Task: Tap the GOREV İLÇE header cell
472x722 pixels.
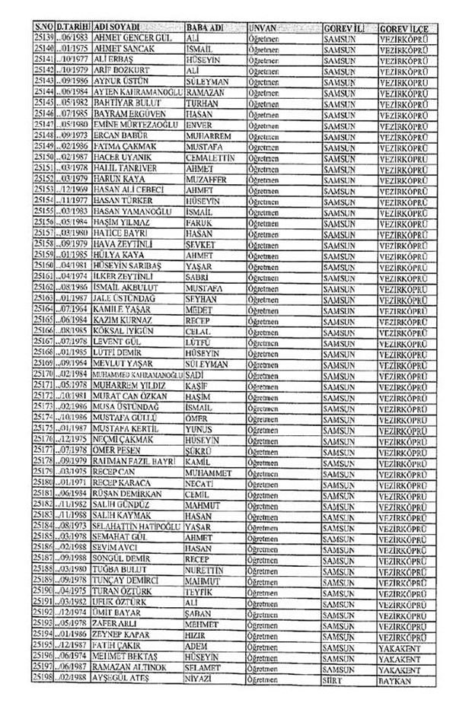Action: pyautogui.click(x=403, y=28)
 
